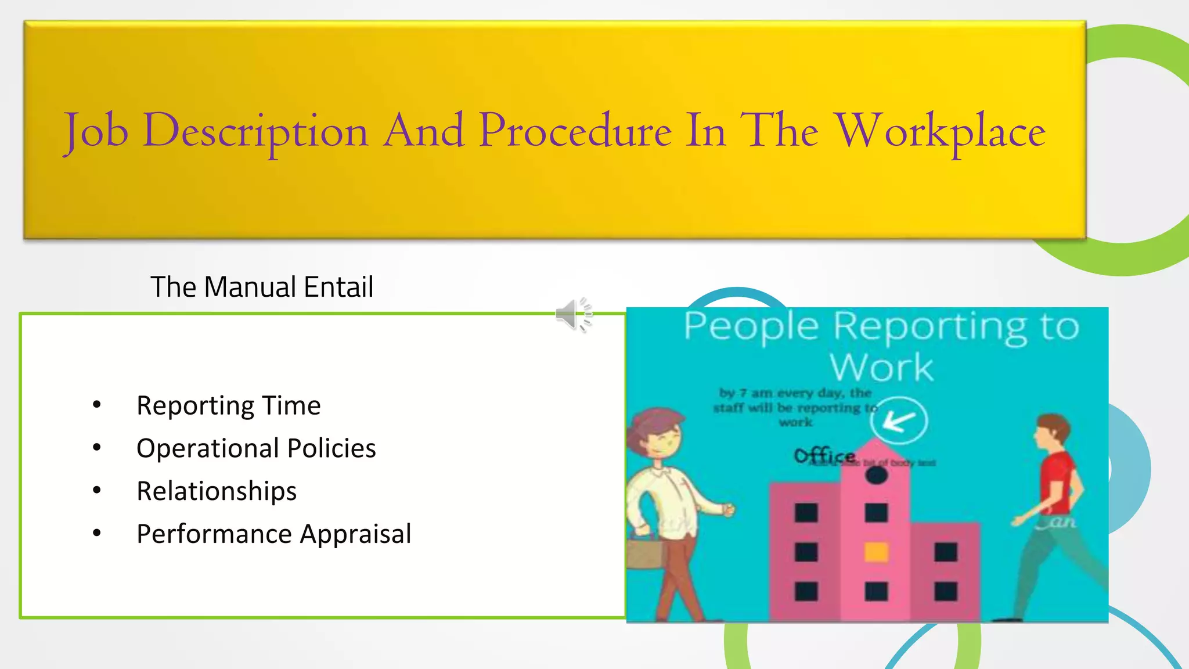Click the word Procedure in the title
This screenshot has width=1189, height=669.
pyautogui.click(x=575, y=131)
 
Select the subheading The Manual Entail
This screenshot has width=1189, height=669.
pyautogui.click(x=261, y=287)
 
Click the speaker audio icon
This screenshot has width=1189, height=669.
pyautogui.click(x=574, y=315)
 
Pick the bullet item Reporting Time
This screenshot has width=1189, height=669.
pyautogui.click(x=228, y=405)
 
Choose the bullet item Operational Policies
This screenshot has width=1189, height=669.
pyautogui.click(x=256, y=448)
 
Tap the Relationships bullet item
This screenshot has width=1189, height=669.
pyautogui.click(x=217, y=491)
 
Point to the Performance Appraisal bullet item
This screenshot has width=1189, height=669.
pyautogui.click(x=273, y=534)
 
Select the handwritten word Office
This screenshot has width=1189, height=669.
pyautogui.click(x=824, y=456)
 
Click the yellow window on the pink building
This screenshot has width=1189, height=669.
pyautogui.click(x=876, y=552)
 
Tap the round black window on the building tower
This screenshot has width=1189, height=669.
pyautogui.click(x=876, y=476)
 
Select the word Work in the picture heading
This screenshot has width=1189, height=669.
pyautogui.click(x=881, y=367)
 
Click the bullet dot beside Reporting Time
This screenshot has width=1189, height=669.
pyautogui.click(x=97, y=404)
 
